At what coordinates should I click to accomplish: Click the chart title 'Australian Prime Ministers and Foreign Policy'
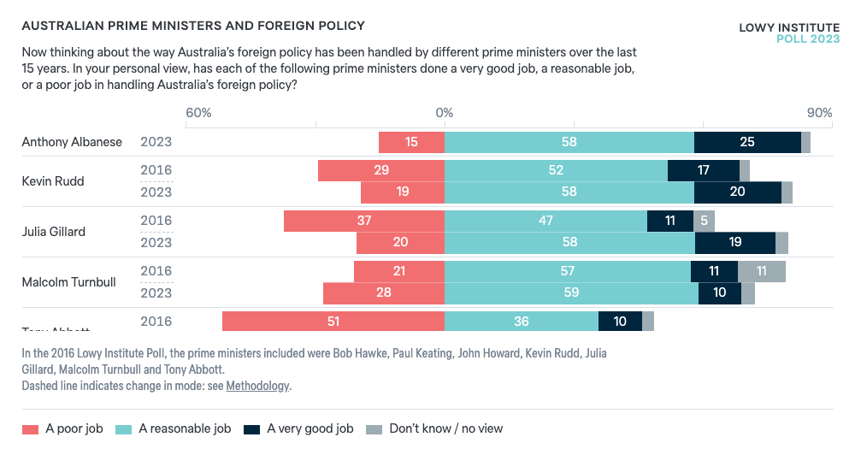(192, 27)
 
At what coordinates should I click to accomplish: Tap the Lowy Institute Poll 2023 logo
(788, 33)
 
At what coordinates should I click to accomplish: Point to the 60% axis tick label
(198, 113)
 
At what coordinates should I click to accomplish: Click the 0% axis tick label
(444, 113)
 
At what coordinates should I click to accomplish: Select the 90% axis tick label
(818, 113)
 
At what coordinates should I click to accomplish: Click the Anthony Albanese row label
(72, 142)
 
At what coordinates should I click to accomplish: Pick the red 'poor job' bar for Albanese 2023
(411, 142)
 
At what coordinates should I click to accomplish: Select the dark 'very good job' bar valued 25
(747, 142)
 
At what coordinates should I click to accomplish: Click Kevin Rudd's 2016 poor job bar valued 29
(381, 170)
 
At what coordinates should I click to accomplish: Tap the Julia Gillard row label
(54, 231)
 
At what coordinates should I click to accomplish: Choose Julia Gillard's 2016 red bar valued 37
(364, 221)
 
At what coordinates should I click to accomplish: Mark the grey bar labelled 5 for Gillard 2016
(704, 221)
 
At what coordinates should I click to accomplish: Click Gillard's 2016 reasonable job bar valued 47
(545, 221)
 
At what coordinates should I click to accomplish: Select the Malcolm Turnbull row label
(68, 281)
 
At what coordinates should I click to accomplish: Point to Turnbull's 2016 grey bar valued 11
(761, 271)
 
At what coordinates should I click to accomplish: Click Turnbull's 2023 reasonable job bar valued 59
(571, 293)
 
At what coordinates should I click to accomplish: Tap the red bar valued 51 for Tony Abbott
(333, 322)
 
